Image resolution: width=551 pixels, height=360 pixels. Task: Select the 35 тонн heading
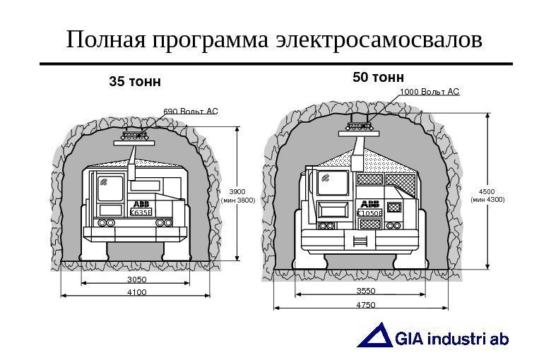pyautogui.click(x=134, y=82)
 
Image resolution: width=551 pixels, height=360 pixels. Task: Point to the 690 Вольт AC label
pyautogui.click(x=191, y=111)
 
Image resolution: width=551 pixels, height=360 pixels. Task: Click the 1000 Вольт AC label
pyautogui.click(x=429, y=92)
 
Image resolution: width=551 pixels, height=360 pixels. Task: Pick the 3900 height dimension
pyautogui.click(x=238, y=191)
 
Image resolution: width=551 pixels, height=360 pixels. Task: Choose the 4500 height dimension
pyautogui.click(x=487, y=191)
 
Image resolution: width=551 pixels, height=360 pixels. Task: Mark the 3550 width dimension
pyautogui.click(x=366, y=291)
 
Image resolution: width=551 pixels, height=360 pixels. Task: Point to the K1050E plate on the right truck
pyautogui.click(x=369, y=212)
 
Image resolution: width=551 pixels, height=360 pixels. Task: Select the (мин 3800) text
pyautogui.click(x=238, y=200)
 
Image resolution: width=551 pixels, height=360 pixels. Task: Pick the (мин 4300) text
pyautogui.click(x=487, y=200)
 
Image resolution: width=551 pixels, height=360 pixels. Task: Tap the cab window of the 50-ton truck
pyautogui.click(x=333, y=182)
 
